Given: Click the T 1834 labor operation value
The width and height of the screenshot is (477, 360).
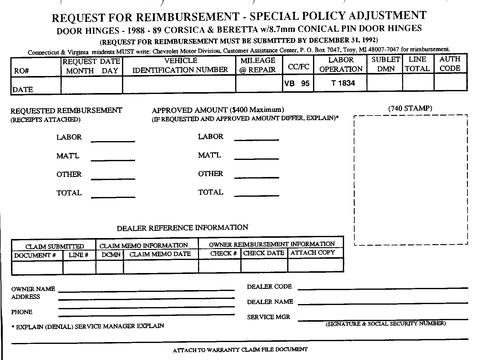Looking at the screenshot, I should (343, 83).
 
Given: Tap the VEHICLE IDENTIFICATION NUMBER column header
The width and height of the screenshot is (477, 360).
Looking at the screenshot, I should (180, 65).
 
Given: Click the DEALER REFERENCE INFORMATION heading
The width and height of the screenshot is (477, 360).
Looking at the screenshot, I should (183, 228).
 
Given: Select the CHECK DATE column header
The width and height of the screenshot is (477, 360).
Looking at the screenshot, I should (264, 253).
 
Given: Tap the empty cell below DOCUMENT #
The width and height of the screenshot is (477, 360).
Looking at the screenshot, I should (37, 267).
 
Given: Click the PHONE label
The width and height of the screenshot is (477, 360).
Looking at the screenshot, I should (22, 312).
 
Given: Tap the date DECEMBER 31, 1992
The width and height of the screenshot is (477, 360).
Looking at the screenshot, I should (343, 40).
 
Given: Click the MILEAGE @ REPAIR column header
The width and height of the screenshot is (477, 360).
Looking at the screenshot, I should (258, 65).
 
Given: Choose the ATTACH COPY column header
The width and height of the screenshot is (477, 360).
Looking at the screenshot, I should (312, 253).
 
